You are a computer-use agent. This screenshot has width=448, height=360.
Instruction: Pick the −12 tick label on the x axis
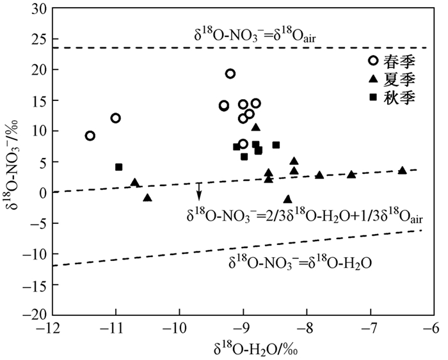click(52, 328)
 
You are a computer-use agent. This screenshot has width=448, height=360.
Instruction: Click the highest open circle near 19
click(230, 74)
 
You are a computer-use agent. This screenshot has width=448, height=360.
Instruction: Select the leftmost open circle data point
click(90, 136)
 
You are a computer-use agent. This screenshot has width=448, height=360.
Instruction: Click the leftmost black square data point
click(119, 167)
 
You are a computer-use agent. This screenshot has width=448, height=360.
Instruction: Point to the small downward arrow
click(199, 191)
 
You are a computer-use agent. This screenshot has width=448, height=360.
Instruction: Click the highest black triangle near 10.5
click(256, 127)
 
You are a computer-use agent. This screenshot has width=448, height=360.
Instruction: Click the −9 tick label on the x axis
click(243, 328)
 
